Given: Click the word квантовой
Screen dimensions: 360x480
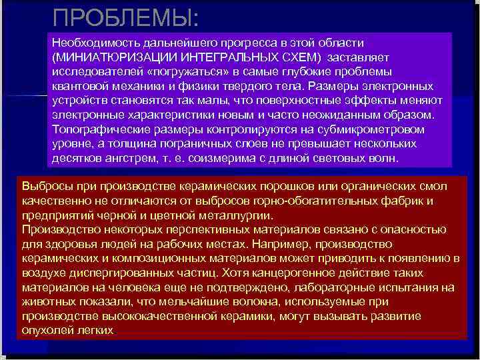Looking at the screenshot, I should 76,86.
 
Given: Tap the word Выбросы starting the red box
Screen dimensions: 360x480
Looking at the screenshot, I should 43,185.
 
